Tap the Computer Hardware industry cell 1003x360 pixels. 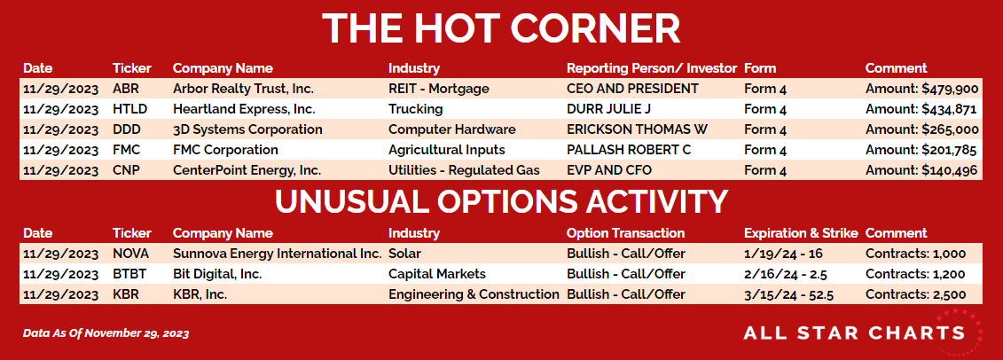pos(451,129)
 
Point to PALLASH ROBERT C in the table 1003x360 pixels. pos(629,150)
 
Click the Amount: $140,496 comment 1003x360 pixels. pos(921,171)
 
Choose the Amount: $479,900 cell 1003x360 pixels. pos(921,89)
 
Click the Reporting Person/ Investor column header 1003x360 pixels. pos(652,68)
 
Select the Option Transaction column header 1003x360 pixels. pos(625,233)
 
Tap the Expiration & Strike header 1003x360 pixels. pos(801,233)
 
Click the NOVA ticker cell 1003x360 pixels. pos(127,254)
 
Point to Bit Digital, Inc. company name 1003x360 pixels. pos(217,274)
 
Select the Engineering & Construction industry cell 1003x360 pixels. pos(474,294)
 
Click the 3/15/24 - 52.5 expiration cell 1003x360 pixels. pos(788,294)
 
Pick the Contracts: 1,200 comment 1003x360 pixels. pos(915,274)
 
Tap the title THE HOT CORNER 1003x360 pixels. pos(501,28)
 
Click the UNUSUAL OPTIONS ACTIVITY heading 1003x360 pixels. pos(502,200)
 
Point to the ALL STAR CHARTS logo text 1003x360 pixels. pos(854,333)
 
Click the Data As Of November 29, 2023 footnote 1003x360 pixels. pos(106,333)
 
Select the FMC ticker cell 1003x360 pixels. pos(124,150)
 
